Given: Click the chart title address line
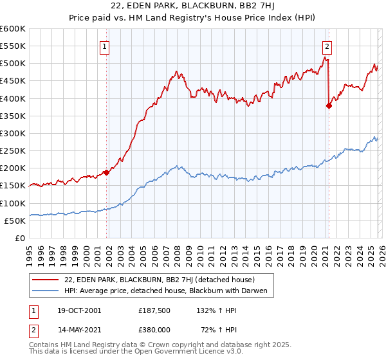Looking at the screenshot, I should coord(193,6).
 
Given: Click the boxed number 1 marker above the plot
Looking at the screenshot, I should coord(104,46).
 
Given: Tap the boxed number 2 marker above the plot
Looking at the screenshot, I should coord(327,46).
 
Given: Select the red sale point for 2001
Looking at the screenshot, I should coord(107,172).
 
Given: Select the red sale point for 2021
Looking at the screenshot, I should coord(329,106).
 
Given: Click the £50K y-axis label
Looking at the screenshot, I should coord(15,221).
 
